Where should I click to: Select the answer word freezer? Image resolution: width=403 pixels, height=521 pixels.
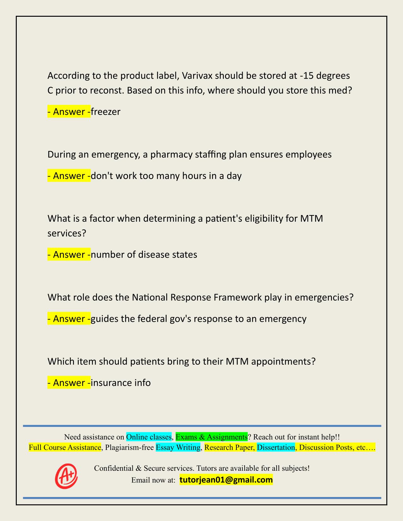pyautogui.click(x=106, y=112)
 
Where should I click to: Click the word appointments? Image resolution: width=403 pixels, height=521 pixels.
pyautogui.click(x=282, y=361)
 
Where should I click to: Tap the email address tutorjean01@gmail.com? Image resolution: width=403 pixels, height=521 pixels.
pyautogui.click(x=226, y=480)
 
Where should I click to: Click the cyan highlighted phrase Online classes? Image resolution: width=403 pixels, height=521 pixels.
pyautogui.click(x=149, y=437)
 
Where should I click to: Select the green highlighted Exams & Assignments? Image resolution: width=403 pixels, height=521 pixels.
pyautogui.click(x=211, y=437)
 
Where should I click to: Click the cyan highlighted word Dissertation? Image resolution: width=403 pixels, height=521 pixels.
pyautogui.click(x=276, y=447)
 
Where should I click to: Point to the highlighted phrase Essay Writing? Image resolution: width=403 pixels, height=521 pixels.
pyautogui.click(x=178, y=447)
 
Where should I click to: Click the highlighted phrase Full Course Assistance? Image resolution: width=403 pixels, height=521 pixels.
pyautogui.click(x=65, y=447)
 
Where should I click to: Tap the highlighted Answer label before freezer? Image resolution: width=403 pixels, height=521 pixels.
pyautogui.click(x=69, y=112)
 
